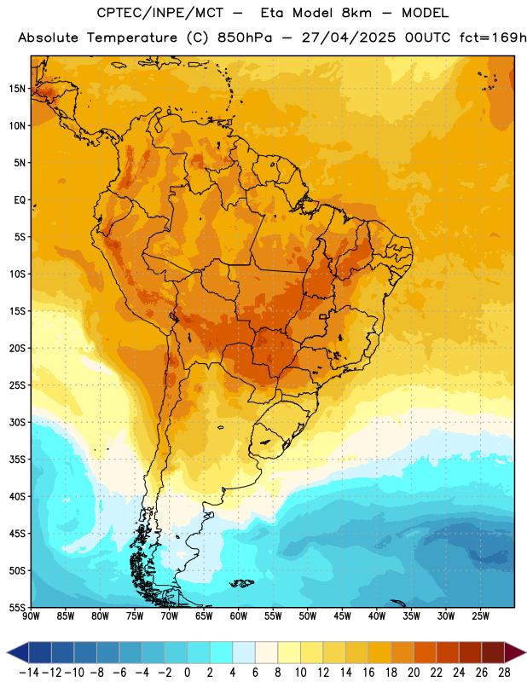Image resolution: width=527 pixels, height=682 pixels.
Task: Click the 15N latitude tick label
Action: tap(17, 89)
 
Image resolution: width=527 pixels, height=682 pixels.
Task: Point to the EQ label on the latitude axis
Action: tap(20, 200)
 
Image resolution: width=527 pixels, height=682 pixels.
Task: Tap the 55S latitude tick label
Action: tap(17, 607)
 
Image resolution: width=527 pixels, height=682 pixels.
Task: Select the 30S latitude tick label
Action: tap(17, 422)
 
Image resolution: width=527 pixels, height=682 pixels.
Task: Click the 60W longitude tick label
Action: tap(238, 616)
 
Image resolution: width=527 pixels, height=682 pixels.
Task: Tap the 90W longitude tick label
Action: tap(31, 616)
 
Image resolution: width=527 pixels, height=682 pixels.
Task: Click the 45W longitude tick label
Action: tap(342, 616)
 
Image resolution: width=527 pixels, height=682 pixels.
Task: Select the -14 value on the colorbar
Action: tap(29, 673)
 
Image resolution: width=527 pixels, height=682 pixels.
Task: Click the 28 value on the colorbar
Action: tap(504, 673)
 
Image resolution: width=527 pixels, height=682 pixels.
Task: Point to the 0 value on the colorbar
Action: tap(188, 673)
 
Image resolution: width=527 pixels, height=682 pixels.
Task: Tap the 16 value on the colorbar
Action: tap(368, 673)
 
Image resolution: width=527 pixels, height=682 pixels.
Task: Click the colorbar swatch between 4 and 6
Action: tap(244, 652)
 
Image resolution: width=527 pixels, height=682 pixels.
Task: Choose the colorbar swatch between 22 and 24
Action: tap(448, 652)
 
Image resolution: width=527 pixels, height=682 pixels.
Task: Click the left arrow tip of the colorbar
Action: tap(7, 652)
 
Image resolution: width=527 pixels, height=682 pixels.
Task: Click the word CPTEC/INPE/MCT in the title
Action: tap(159, 13)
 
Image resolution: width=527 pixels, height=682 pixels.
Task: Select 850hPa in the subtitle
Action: tap(245, 38)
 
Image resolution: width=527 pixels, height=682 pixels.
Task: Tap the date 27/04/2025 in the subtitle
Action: tap(349, 38)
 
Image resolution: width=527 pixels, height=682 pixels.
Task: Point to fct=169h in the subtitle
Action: tap(493, 38)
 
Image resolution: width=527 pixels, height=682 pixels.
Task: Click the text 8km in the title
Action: tap(356, 13)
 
